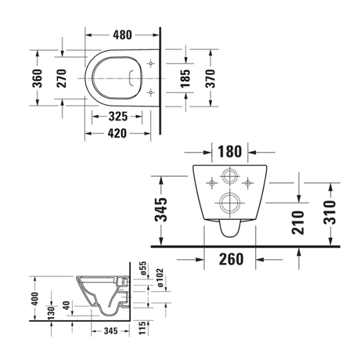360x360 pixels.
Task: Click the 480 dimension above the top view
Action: point(122,34)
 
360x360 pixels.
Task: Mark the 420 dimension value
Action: point(117,133)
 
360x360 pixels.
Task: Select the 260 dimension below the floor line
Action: point(230,259)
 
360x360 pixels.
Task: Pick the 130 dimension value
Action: point(53,313)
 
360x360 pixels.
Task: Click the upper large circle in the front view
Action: point(229,176)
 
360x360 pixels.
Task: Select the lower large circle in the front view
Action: point(229,202)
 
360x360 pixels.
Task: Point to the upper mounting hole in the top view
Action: point(150,63)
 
